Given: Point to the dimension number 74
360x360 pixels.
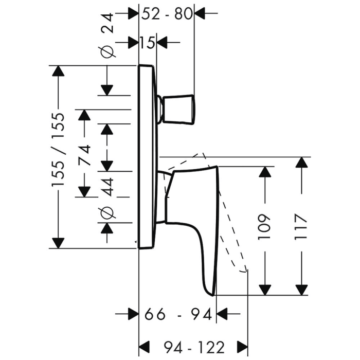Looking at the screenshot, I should pyautogui.click(x=84, y=152).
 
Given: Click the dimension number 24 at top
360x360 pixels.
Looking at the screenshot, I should pyautogui.click(x=107, y=23).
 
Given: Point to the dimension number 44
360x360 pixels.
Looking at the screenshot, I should pyautogui.click(x=107, y=185).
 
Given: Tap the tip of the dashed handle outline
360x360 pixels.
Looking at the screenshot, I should pyautogui.click(x=246, y=269).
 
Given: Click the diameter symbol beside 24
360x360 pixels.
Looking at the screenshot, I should pyautogui.click(x=107, y=51).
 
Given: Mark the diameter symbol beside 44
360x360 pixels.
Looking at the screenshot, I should pyautogui.click(x=107, y=212).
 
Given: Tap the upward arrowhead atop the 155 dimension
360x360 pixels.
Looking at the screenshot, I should pyautogui.click(x=59, y=73).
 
